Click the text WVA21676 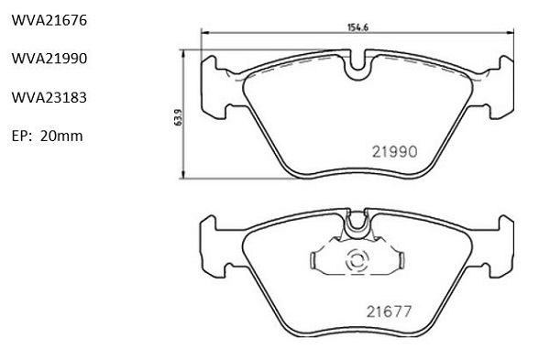tap(49, 20)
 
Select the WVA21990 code tap(49, 59)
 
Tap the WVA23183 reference tap(49, 97)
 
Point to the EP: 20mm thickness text tap(48, 136)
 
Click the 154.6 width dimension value tap(357, 27)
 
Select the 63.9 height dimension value tap(179, 117)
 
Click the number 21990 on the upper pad tap(394, 152)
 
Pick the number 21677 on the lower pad tap(389, 311)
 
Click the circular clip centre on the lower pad tap(357, 260)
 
